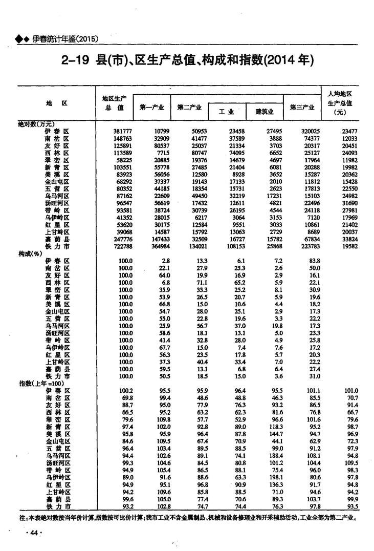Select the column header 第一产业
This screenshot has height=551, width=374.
click(x=151, y=107)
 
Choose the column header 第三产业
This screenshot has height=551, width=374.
click(x=302, y=107)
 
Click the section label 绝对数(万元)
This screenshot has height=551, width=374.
click(x=36, y=124)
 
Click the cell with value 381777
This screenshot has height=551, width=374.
click(x=122, y=132)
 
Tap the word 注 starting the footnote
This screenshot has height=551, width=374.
click(x=22, y=517)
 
